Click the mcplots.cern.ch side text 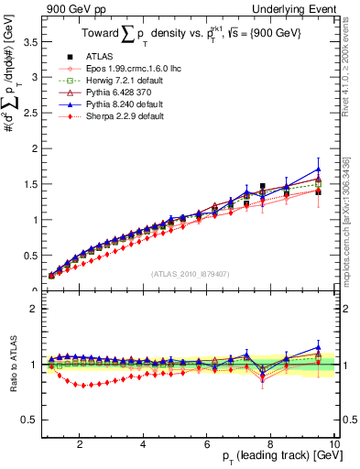[x=351, y=229]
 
